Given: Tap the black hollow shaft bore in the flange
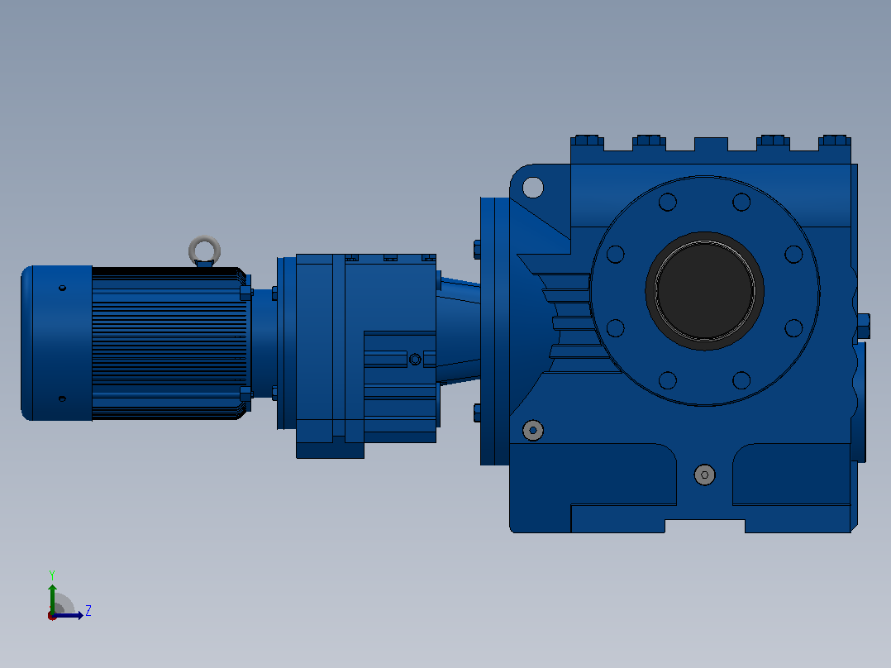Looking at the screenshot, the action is click(x=704, y=290).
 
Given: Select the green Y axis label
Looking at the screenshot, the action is click(x=52, y=575).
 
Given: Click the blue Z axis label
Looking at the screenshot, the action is click(x=88, y=611).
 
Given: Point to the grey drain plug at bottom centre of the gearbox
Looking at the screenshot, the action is click(x=704, y=475).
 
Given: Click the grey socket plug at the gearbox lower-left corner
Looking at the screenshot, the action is click(x=533, y=431).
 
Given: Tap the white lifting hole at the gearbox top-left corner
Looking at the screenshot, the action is click(x=533, y=187).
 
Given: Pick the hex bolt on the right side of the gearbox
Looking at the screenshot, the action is click(x=862, y=327).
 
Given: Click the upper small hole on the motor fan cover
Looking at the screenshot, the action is click(x=63, y=289).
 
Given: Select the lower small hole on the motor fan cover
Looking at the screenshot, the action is click(x=63, y=398).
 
